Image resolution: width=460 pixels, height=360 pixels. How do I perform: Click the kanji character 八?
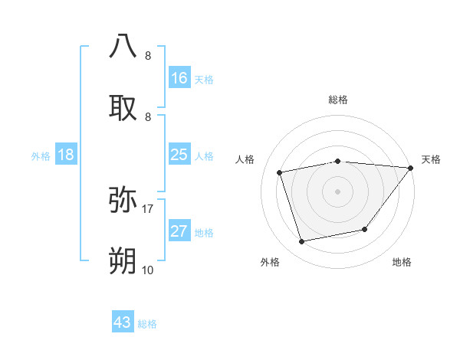123,47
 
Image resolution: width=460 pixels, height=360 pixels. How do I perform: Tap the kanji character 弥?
123,200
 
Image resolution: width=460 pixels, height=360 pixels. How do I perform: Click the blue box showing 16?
179,77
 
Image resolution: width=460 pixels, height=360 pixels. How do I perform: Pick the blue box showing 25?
179,155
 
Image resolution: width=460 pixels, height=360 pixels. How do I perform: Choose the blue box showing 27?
179,231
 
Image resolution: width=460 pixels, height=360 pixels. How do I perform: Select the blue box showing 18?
66,155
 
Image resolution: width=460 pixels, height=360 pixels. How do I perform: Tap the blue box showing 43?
123,322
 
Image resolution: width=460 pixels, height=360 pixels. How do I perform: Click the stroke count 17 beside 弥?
148,208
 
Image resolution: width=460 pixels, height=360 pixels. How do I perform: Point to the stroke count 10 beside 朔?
148,270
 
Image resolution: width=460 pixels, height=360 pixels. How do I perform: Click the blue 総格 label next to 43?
147,324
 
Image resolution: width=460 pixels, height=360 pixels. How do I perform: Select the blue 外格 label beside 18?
41,156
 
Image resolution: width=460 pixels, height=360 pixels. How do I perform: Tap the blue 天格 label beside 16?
204,79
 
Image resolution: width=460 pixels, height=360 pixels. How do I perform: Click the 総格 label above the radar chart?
338,100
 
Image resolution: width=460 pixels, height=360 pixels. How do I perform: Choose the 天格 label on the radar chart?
432,159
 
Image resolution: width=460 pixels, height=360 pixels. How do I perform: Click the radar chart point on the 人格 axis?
281,172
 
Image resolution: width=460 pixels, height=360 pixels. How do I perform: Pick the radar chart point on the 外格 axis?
302,241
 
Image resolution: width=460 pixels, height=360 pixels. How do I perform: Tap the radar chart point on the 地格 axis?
365,229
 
